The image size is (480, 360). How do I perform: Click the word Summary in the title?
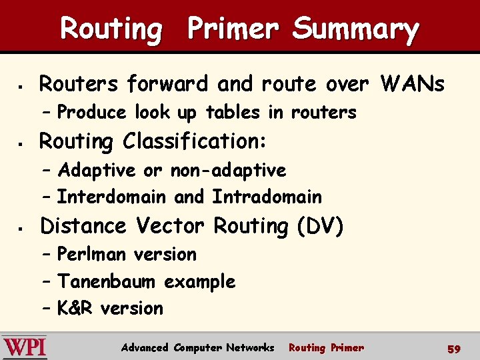pos(355,30)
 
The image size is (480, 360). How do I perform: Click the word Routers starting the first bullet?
pos(79,84)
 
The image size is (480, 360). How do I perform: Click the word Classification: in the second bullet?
pos(195,142)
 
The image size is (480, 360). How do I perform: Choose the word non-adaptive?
pos(228,171)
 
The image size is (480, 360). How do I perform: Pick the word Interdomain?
pos(111,197)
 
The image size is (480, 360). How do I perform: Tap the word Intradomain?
pos(267,197)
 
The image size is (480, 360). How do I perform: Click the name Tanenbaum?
pos(107,282)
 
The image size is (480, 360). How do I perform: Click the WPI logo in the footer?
pos(25,347)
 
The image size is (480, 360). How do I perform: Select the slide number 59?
pos(454,349)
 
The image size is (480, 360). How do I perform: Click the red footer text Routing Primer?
pos(326,347)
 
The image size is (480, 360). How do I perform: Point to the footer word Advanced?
pos(145,347)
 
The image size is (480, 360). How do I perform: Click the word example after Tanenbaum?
pos(199,282)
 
